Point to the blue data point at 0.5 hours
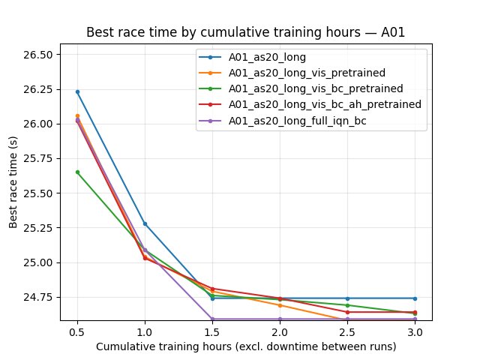[x=77, y=91]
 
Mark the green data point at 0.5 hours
[x=77, y=172]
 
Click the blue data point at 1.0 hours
[x=145, y=223]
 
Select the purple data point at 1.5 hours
[x=212, y=319]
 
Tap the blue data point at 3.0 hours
[x=415, y=298]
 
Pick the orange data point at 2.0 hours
[x=280, y=305]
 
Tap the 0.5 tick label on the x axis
[x=77, y=331]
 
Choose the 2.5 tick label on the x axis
[x=347, y=331]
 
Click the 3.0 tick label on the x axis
[x=415, y=331]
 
